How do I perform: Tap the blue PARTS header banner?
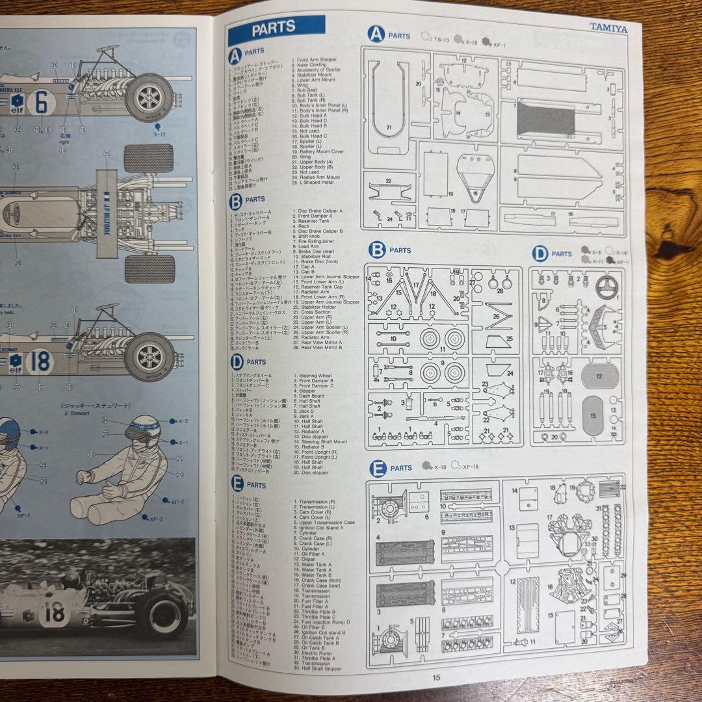coord(276,29)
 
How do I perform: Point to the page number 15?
coord(436,677)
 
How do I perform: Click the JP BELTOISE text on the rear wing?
coord(106,214)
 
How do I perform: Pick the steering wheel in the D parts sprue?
coord(608,285)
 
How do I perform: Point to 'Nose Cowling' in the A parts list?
coord(313,65)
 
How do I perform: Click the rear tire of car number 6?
coord(149,97)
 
